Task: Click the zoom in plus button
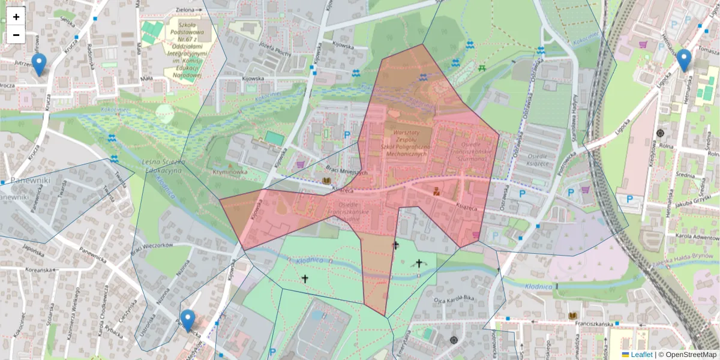tap(16, 17)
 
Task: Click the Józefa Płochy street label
tap(275, 50)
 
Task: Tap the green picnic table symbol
tap(482, 68)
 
